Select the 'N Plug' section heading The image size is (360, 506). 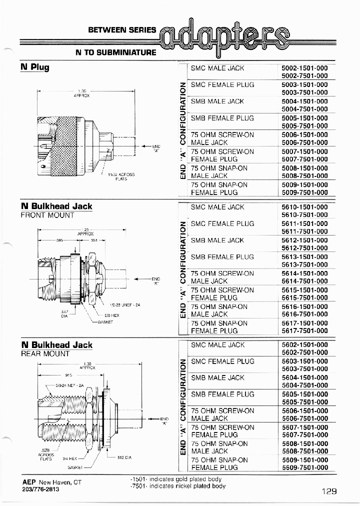[34, 67]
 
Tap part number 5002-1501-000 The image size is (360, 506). [304, 68]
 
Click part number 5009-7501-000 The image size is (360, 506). [304, 192]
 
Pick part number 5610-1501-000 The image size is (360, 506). [304, 207]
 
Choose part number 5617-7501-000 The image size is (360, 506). [304, 331]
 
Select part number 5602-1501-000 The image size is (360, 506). [304, 345]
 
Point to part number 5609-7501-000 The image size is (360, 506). [304, 467]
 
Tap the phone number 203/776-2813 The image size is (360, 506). [40, 489]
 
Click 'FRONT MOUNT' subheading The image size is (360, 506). [47, 215]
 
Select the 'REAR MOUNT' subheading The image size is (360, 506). [45, 353]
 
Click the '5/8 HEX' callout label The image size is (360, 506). [111, 316]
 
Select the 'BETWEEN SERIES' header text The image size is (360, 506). [122, 30]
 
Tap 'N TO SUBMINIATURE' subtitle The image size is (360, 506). [116, 52]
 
